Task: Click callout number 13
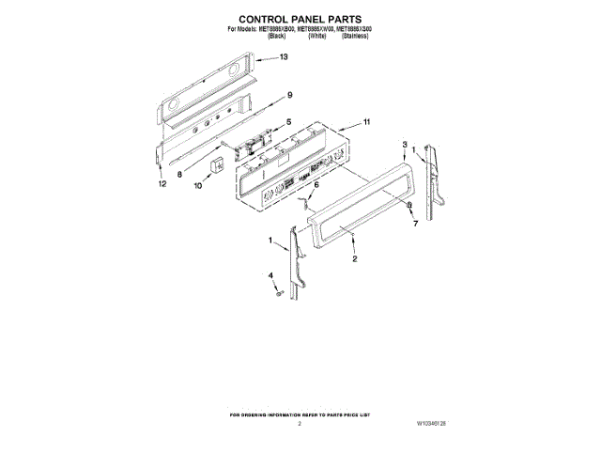284,57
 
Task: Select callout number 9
290,95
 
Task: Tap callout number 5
288,122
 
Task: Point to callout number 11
366,122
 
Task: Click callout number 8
179,174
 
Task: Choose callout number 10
197,186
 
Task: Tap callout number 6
316,185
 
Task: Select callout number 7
414,225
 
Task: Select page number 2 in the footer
300,425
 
